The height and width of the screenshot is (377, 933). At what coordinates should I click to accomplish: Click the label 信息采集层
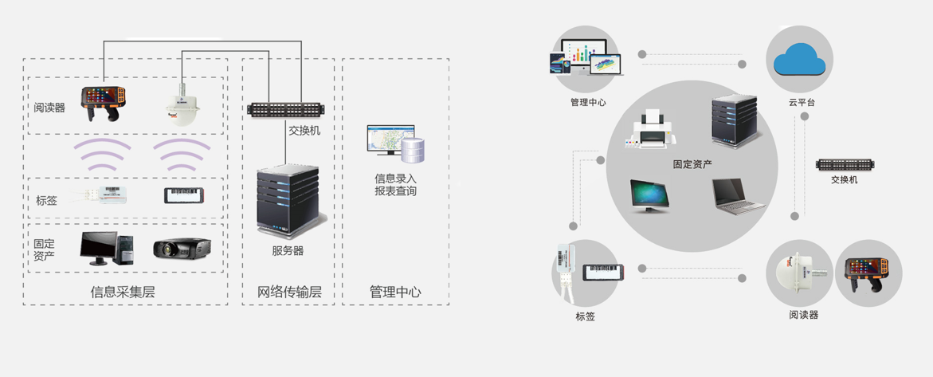point(123,293)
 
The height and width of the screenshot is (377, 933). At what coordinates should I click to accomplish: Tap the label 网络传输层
point(289,293)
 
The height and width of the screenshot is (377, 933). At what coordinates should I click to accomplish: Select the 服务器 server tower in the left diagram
point(287,201)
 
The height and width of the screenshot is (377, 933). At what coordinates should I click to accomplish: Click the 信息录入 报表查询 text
point(395,185)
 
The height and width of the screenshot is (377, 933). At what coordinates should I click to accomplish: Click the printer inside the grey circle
point(651,131)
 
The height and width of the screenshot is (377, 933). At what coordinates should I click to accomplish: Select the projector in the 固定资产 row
point(182,249)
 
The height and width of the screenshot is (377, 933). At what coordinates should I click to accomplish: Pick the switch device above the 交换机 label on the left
point(284,108)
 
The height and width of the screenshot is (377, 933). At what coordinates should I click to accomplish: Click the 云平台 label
point(802,103)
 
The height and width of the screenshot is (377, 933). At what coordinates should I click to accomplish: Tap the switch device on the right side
point(845,165)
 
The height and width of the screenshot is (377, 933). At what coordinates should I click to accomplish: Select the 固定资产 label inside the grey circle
point(692,165)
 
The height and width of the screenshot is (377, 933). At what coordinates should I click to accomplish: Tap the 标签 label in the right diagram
point(585,316)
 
